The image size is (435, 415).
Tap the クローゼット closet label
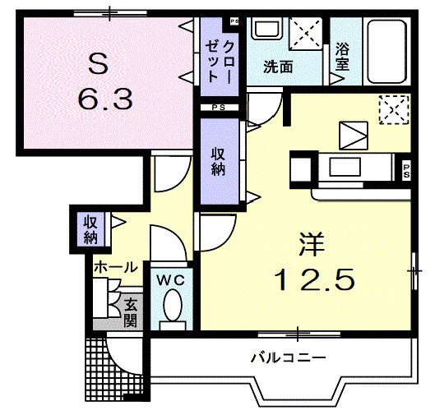pyautogui.click(x=221, y=57)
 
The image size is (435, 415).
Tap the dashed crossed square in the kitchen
pyautogui.click(x=393, y=108)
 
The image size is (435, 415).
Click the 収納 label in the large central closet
pyautogui.click(x=217, y=161)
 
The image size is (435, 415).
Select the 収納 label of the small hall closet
pyautogui.click(x=90, y=230)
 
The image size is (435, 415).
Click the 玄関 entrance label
pyautogui.click(x=131, y=312)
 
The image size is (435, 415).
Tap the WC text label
pyautogui.click(x=171, y=279)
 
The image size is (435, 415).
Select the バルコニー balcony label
pyautogui.click(x=289, y=358)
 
